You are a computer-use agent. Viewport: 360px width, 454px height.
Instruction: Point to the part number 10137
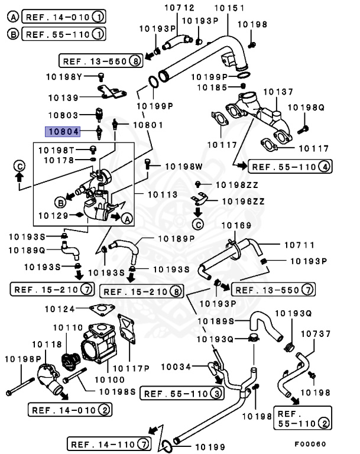278,92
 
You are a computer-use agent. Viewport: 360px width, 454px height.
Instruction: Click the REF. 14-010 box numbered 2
70,409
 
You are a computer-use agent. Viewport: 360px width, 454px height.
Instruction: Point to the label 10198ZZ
236,185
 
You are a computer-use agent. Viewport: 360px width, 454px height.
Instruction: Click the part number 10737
316,334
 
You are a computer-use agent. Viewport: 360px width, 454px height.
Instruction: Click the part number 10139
63,97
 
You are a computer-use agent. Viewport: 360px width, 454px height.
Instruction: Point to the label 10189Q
27,250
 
